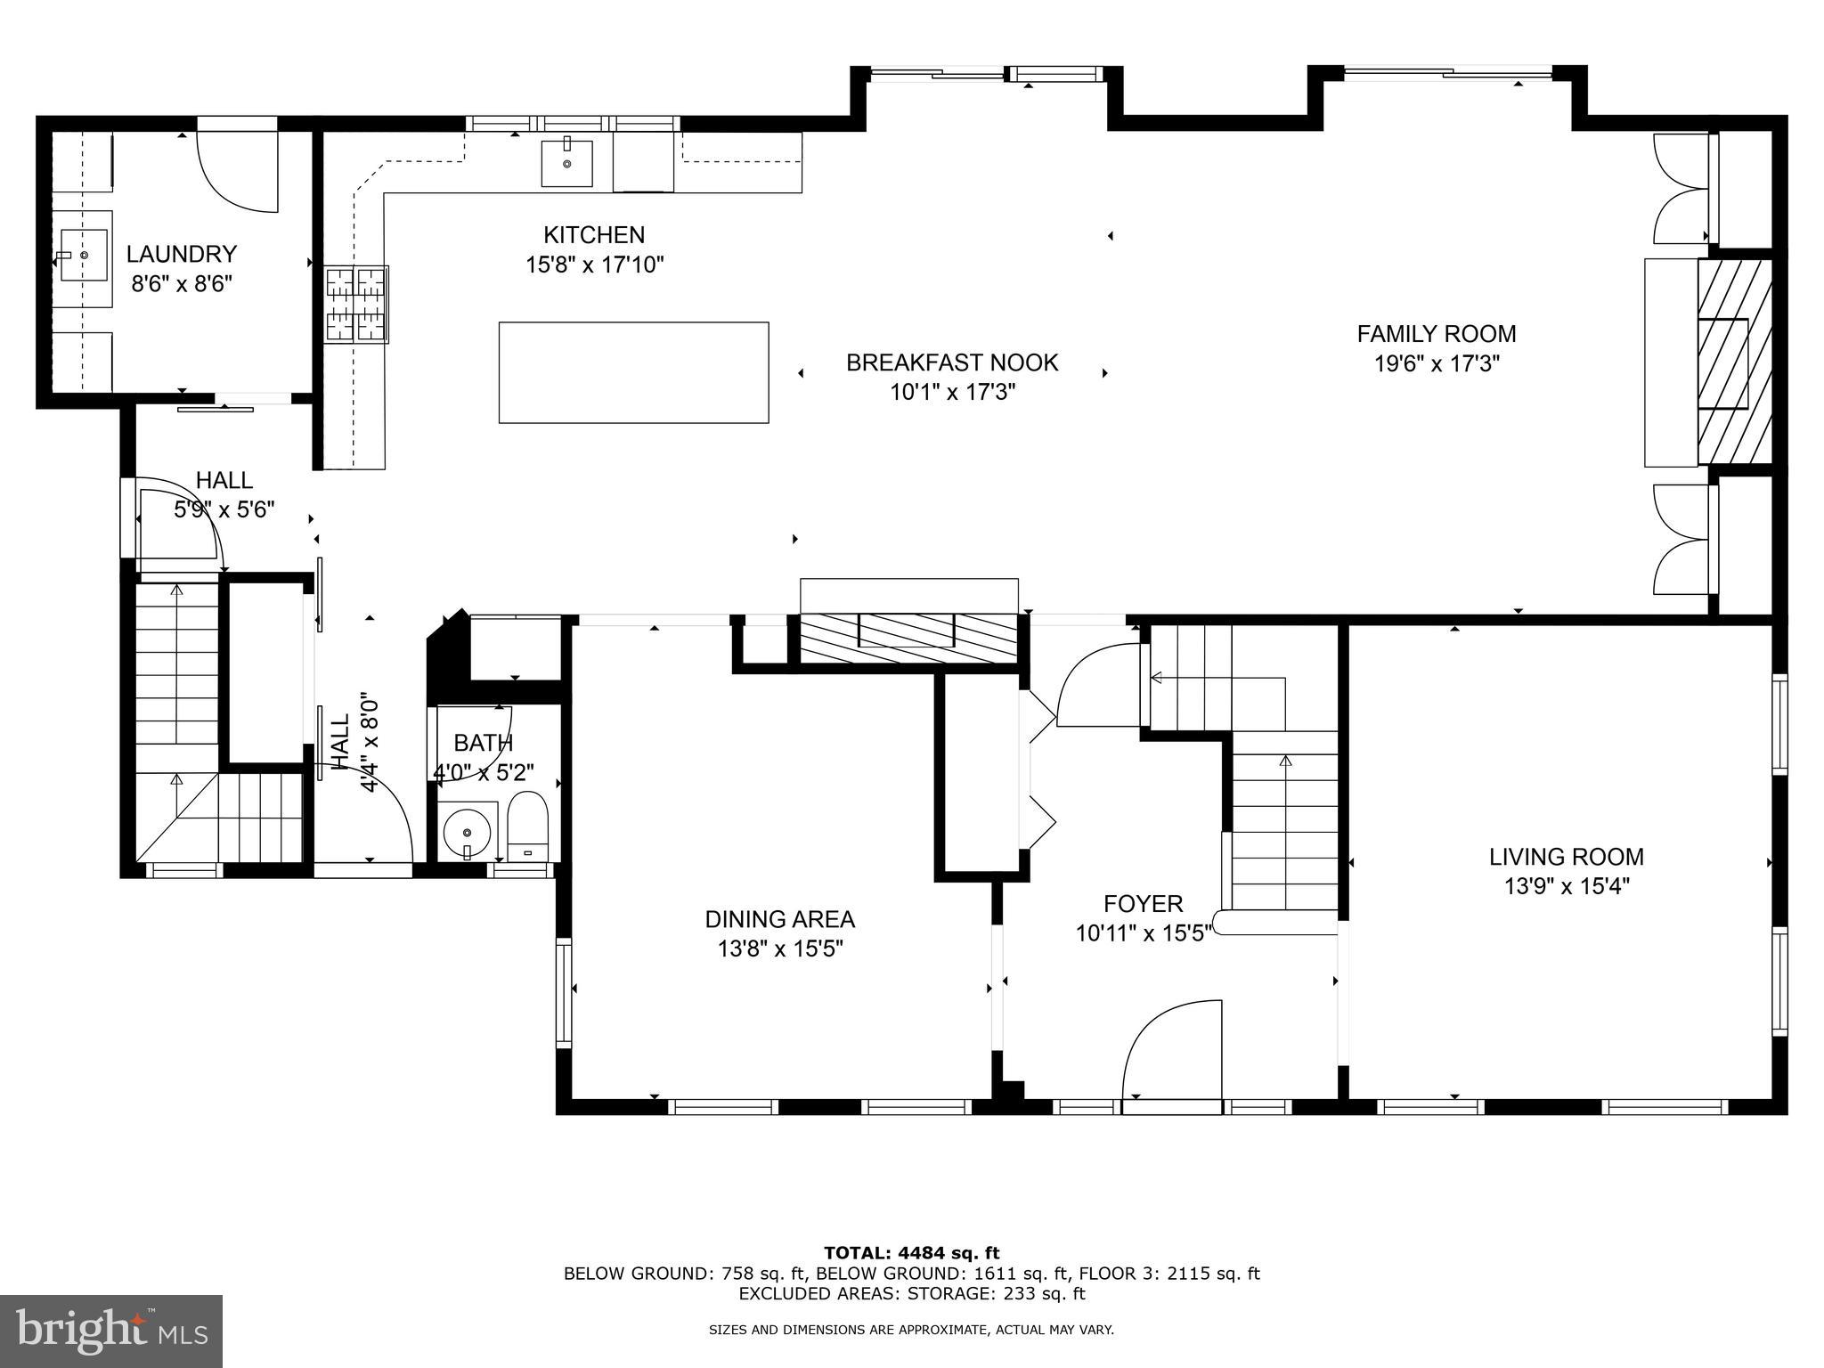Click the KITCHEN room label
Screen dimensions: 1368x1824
[594, 235]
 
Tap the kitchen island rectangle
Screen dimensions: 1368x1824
[633, 372]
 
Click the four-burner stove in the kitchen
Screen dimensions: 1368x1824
[356, 305]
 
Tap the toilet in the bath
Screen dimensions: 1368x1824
[527, 823]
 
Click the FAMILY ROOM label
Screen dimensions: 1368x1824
[1436, 334]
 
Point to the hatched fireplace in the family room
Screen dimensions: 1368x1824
[1733, 362]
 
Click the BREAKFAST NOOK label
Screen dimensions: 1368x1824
[952, 362]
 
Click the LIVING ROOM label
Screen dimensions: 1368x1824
[1566, 857]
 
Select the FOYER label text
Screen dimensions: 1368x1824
[1143, 904]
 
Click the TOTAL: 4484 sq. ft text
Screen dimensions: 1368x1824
[911, 1253]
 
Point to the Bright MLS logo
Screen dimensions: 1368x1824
[111, 1331]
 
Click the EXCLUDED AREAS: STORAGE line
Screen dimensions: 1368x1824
[911, 1294]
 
